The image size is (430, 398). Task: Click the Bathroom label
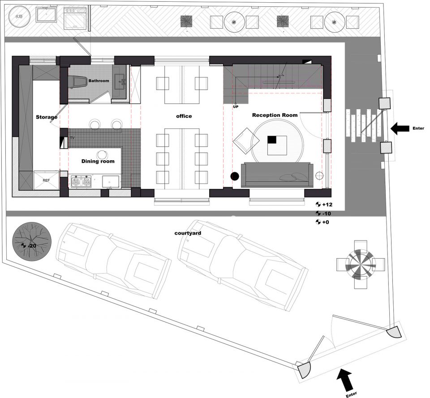tap(99, 81)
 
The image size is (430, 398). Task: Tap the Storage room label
tap(47, 117)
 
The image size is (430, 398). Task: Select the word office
tap(184, 116)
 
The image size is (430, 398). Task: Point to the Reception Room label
tap(275, 115)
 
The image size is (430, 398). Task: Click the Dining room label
tap(98, 161)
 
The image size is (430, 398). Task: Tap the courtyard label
tap(188, 233)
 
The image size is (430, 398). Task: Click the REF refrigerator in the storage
tap(46, 180)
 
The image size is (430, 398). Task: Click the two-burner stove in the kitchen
tap(81, 182)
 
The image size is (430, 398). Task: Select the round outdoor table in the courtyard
tap(360, 265)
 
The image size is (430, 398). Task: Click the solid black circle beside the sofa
tap(235, 176)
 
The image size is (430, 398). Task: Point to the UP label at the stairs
tap(236, 107)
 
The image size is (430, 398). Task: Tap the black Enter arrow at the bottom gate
tap(346, 380)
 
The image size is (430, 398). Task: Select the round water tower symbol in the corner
tap(19, 17)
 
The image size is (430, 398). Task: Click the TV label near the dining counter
tap(73, 137)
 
